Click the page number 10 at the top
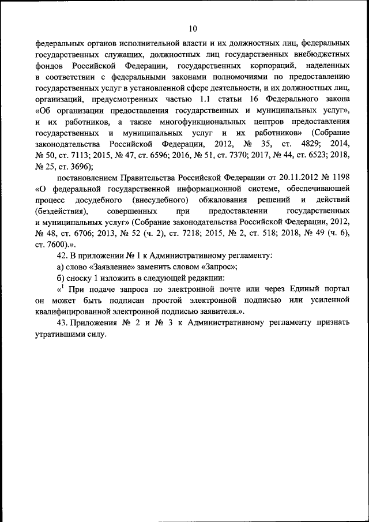tap(193, 28)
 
